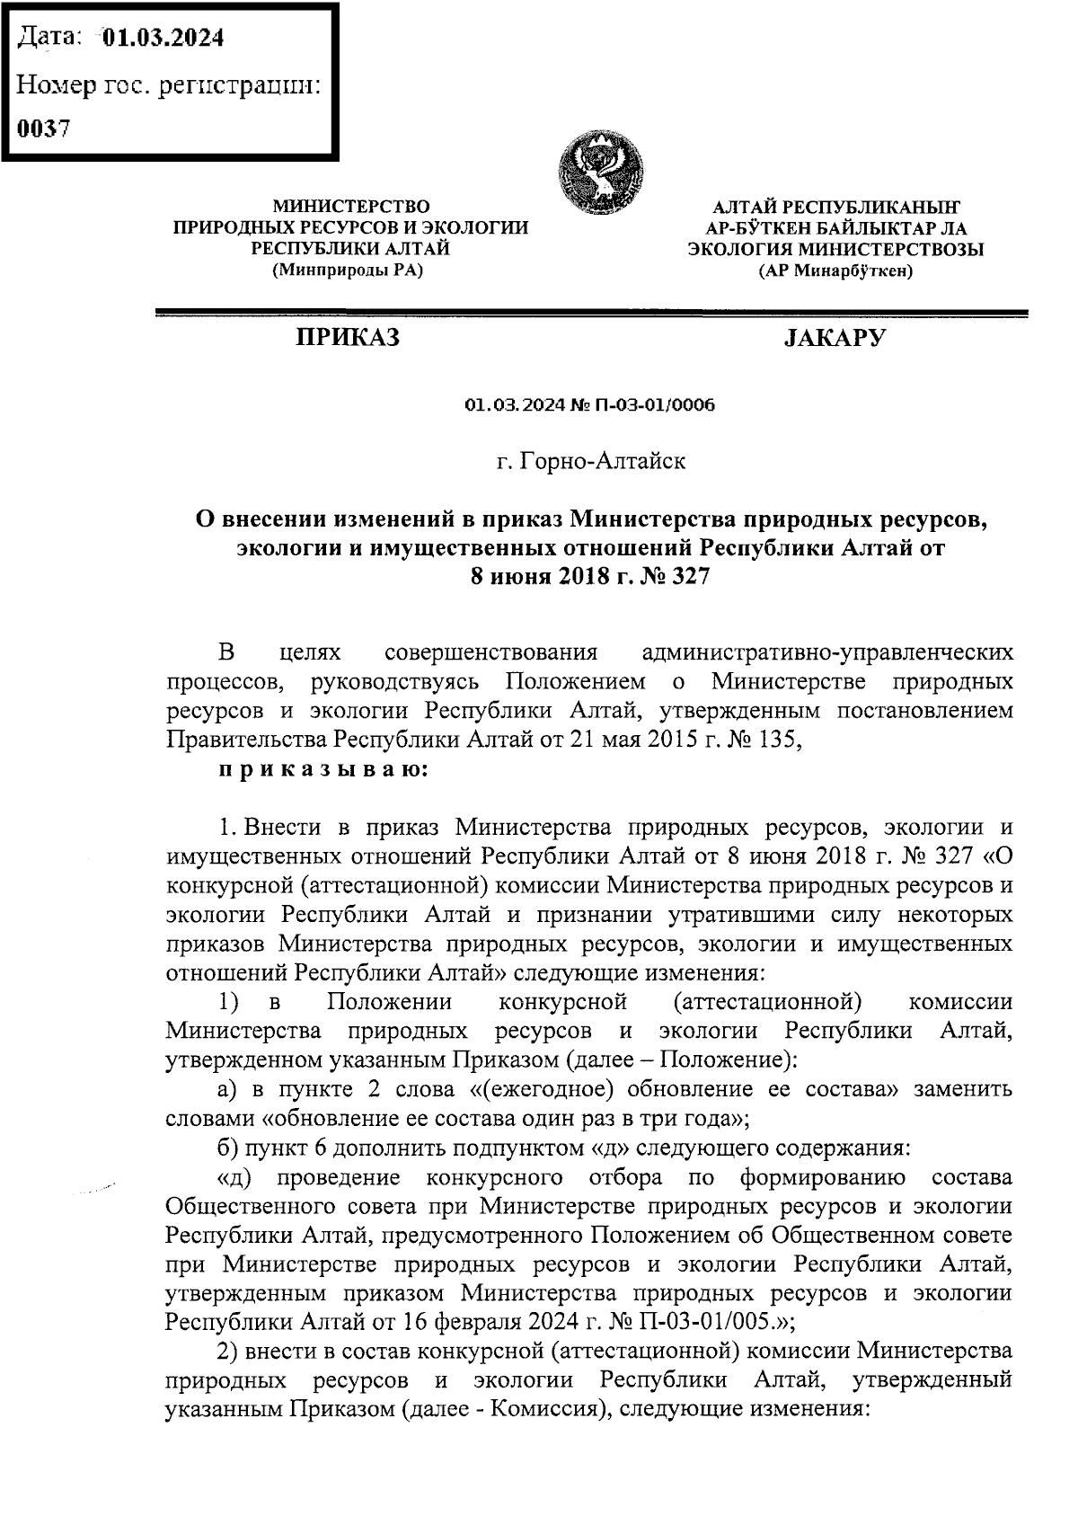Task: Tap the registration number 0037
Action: pos(44,128)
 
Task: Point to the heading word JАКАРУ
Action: pos(835,339)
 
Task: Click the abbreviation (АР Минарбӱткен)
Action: pos(835,270)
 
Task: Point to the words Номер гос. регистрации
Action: pos(170,85)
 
